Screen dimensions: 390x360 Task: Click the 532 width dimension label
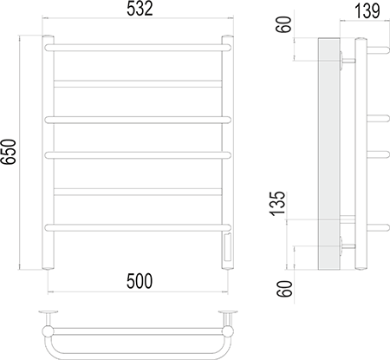tap(140, 9)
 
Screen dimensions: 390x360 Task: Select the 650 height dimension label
tap(9, 152)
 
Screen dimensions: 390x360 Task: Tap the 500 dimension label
tap(140, 281)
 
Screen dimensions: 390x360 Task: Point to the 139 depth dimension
tap(367, 11)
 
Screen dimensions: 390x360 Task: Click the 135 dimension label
tap(277, 203)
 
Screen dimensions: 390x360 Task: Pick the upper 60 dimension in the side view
tap(284, 24)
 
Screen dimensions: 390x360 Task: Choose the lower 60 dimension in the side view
tap(284, 289)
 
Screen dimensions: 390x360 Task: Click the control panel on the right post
tap(227, 246)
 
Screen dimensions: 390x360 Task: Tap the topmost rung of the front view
tap(138, 48)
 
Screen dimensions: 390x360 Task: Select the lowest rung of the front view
tap(138, 227)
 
